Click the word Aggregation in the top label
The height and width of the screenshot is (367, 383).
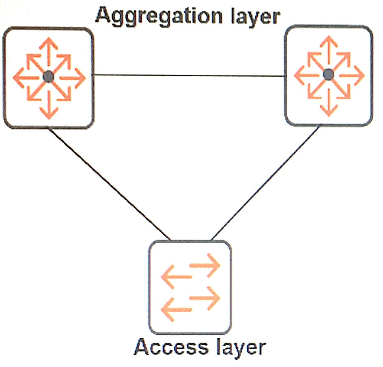159,16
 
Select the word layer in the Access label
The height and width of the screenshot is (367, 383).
241,348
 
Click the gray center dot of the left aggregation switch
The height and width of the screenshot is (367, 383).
48,77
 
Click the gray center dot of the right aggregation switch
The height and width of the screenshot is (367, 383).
328,75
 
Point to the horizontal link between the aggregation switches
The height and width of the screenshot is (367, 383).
189,76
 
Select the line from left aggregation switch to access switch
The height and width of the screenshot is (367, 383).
109,184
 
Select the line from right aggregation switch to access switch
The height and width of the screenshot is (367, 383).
265,183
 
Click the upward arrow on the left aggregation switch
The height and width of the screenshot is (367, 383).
49,52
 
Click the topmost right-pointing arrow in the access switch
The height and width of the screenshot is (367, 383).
205,266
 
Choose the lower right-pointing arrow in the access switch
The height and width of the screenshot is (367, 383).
205,298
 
